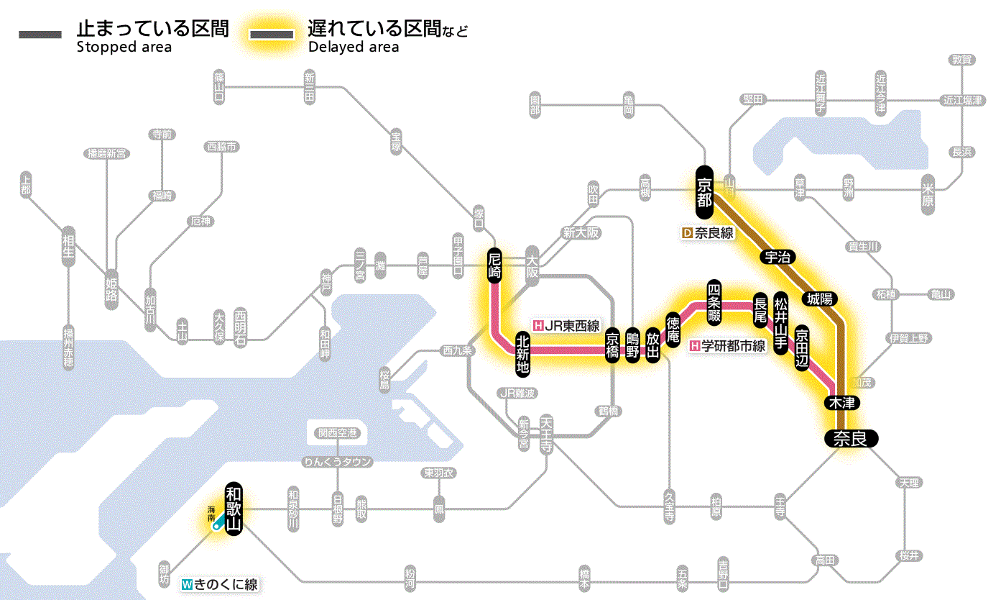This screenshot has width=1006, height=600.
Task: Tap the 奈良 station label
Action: (850, 438)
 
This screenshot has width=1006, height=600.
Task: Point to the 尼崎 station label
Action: (494, 265)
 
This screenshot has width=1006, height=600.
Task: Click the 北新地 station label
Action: (523, 353)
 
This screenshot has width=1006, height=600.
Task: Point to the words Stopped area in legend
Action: (124, 47)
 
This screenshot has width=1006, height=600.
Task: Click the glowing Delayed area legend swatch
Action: (271, 34)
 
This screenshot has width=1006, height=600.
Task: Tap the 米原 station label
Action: (928, 194)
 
